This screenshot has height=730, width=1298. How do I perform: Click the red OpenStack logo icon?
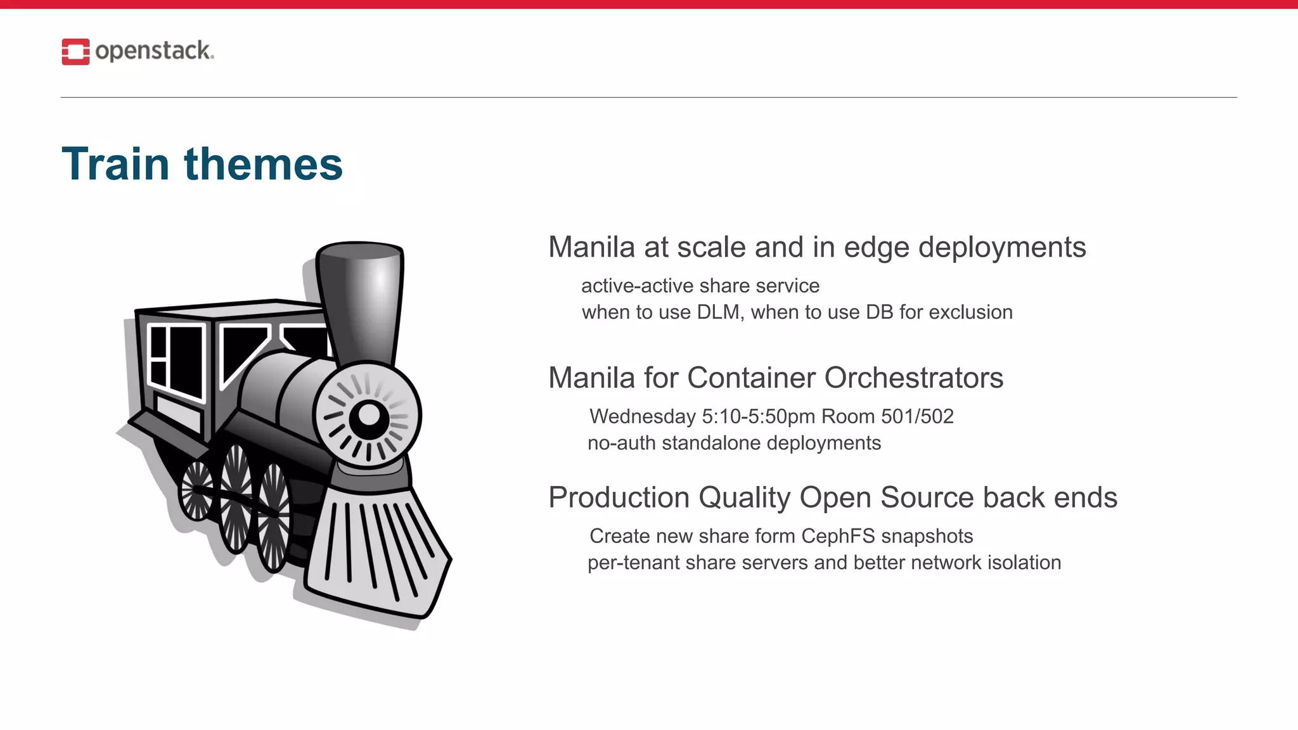pos(75,51)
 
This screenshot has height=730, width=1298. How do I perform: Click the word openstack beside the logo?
pos(153,51)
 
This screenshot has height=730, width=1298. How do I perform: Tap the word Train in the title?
pos(116,164)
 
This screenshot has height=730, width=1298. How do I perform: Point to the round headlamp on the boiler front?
pos(368,416)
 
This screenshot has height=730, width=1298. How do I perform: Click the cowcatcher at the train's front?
pos(377,551)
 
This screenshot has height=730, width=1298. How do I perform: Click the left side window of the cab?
pos(175,361)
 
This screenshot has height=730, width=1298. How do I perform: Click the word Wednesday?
pos(643,416)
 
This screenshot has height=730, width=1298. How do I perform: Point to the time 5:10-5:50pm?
pos(758,416)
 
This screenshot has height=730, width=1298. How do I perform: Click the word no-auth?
pos(621,443)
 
